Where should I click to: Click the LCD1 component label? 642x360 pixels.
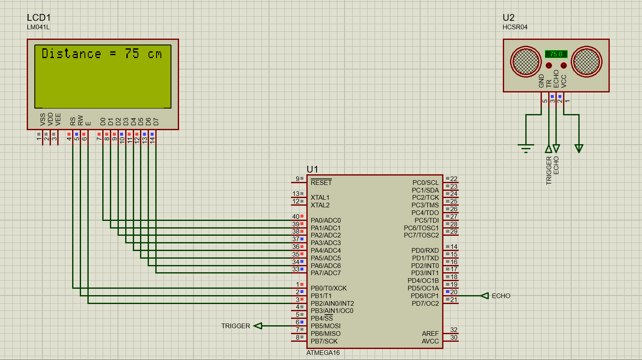point(39,17)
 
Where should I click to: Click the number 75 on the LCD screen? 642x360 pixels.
point(132,53)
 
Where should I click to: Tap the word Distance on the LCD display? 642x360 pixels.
point(71,53)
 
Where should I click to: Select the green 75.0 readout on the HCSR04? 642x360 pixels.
point(556,54)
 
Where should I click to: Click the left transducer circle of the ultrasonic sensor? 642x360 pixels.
point(526,61)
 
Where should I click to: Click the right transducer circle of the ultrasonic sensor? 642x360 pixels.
point(586,61)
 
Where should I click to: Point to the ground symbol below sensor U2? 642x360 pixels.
point(526,148)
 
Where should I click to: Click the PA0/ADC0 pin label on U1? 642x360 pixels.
point(325,220)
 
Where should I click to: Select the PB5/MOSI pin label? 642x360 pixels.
point(325,326)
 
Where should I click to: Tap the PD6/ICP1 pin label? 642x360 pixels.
point(425,296)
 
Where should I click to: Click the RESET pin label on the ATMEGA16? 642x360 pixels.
point(321,183)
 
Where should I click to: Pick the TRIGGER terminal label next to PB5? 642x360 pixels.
point(235,326)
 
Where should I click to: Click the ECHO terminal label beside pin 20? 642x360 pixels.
point(501,296)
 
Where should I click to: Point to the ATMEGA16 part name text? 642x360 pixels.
point(323,353)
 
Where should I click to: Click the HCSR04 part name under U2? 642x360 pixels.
point(515,27)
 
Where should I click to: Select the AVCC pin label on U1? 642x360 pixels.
point(430,341)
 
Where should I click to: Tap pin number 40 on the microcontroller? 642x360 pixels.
point(295,217)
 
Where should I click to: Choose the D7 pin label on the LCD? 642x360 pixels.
point(156,121)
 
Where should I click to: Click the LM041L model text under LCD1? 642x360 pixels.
point(38,27)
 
